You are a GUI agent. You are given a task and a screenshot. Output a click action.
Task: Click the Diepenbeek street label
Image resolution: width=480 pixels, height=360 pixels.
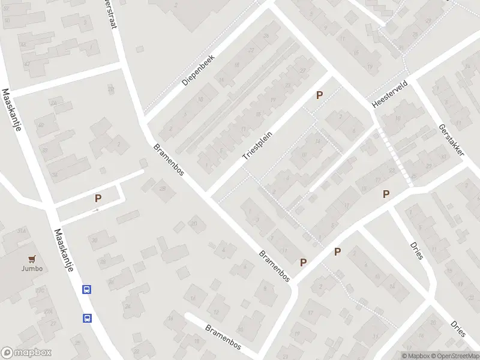(x=198, y=71)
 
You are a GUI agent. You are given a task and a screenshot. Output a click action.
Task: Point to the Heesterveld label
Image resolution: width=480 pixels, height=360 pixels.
(x=390, y=95)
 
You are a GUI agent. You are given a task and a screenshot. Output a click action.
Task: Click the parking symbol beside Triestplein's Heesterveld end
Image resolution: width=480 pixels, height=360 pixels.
(x=320, y=95)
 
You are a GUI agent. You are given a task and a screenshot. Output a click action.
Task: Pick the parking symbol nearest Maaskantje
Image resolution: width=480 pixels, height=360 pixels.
(x=98, y=198)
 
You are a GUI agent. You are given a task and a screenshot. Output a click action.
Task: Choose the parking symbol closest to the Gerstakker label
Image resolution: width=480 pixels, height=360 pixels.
(x=386, y=194)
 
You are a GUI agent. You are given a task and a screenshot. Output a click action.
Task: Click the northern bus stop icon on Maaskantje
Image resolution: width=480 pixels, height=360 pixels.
(x=87, y=290)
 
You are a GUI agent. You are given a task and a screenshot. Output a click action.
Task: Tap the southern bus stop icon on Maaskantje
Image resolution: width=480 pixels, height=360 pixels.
(x=87, y=318)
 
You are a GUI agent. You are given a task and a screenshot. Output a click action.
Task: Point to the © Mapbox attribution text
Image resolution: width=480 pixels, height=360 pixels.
(x=415, y=356)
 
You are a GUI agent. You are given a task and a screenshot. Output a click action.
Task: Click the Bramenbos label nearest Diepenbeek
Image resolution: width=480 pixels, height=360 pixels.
(x=169, y=160)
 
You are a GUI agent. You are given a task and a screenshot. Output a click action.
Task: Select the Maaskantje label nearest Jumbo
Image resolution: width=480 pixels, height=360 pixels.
(x=63, y=250)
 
